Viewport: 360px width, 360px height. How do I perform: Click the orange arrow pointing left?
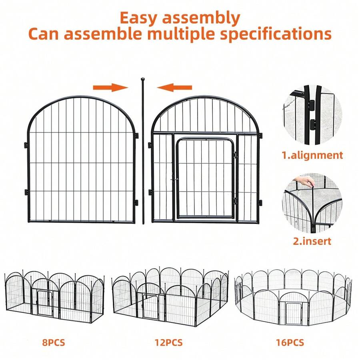pos(174,87)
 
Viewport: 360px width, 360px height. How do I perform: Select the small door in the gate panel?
pos(205,178)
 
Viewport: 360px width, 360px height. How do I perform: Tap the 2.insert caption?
pos(312,241)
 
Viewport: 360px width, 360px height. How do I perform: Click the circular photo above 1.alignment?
pos(312,115)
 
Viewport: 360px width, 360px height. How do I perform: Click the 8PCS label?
pos(53,342)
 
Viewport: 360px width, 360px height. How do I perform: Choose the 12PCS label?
pos(169,342)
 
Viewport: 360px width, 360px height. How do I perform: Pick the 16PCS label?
pos(290,342)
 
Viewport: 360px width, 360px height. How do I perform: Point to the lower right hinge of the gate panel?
pos(260,202)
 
